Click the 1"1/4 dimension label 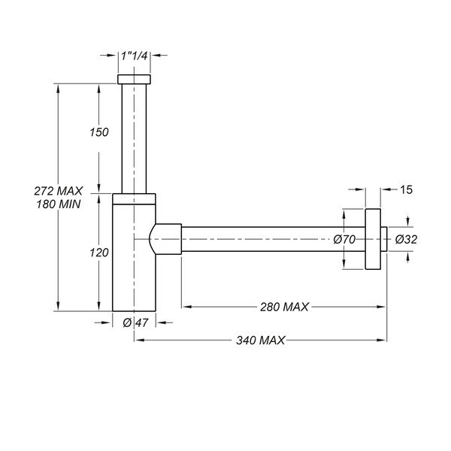pyautogui.click(x=135, y=55)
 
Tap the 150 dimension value pyautogui.click(x=99, y=132)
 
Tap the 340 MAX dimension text pyautogui.click(x=260, y=341)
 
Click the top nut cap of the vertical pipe pyautogui.click(x=135, y=79)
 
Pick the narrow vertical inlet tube pyautogui.click(x=135, y=135)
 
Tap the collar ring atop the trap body pyautogui.click(x=135, y=198)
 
